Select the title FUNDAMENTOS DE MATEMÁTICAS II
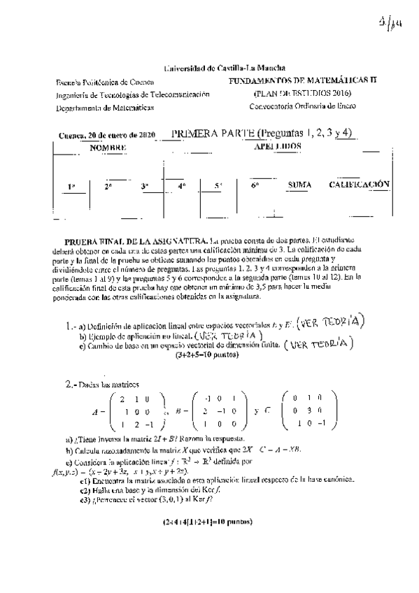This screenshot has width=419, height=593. (302, 81)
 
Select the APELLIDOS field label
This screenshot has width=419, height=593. (278, 147)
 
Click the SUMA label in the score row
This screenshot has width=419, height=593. (299, 185)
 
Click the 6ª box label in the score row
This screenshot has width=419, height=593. (255, 185)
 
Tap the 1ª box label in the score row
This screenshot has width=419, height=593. (71, 186)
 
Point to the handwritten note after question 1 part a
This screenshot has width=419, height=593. (332, 321)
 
